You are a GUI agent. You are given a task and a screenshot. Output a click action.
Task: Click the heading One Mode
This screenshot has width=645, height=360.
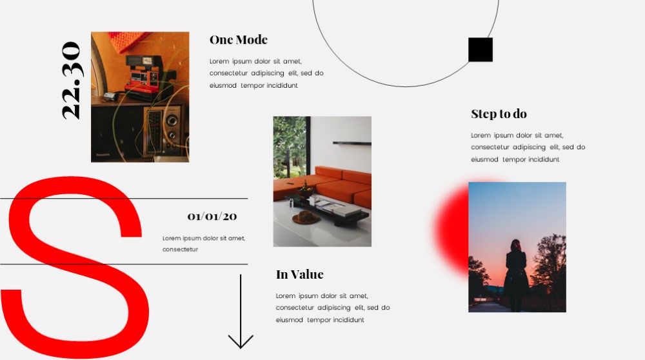(239, 39)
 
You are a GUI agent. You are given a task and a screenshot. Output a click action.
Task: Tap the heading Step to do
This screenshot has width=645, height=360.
(499, 114)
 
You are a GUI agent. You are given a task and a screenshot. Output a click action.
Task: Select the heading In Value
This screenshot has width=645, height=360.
(299, 274)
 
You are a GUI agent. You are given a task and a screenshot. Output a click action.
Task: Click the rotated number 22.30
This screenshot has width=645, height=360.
(72, 80)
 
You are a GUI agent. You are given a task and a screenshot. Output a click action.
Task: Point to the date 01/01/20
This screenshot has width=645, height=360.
(212, 216)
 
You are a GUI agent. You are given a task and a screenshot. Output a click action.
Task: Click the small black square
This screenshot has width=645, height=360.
(481, 50)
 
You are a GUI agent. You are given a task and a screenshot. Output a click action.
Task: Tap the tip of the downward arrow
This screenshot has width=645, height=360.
(241, 348)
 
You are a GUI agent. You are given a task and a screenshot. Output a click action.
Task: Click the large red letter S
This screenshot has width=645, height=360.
(75, 267)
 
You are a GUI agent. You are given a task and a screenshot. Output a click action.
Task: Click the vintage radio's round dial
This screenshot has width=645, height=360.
(172, 120)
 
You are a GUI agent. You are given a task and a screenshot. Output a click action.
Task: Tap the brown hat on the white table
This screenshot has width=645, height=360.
(306, 217)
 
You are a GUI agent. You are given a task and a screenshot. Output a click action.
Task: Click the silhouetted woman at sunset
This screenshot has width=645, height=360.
(516, 275)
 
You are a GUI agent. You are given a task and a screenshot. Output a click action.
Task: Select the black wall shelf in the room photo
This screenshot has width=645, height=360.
(352, 143)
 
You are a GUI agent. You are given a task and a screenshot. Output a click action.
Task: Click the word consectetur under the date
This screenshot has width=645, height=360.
(180, 249)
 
